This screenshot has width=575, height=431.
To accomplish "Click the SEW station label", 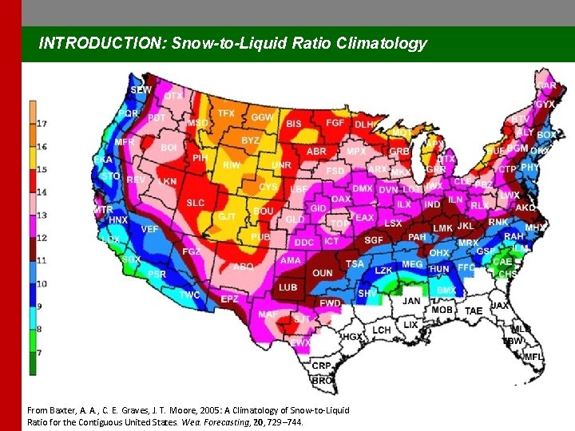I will tap(141, 91).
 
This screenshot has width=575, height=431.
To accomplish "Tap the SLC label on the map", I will tap(196, 203).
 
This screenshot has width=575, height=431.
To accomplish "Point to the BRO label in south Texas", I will tap(322, 381).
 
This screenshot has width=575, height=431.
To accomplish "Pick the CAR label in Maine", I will tap(547, 85).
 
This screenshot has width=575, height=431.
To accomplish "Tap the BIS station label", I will tap(294, 124).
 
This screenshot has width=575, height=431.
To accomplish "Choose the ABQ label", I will tap(243, 267).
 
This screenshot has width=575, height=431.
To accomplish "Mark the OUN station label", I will tap(323, 273).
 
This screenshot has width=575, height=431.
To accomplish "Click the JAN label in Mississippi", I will tap(411, 301).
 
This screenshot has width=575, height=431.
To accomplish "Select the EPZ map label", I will tap(229, 299).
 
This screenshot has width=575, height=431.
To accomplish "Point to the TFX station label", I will tap(226, 113).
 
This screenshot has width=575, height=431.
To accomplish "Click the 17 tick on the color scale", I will tap(42, 124).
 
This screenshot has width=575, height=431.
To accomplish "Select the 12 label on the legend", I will tap(42, 238).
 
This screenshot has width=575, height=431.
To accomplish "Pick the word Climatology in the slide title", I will tap(383, 44).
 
